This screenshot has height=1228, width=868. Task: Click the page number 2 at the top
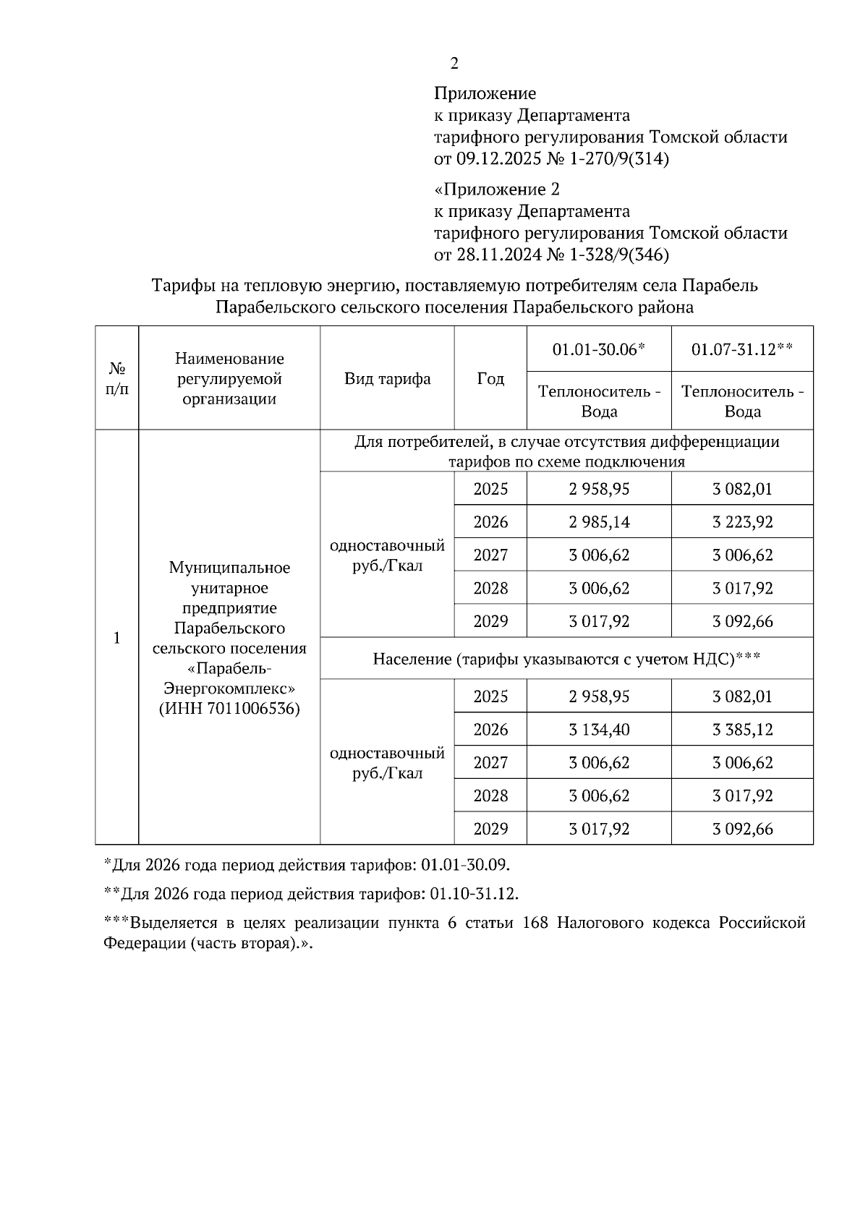(454, 64)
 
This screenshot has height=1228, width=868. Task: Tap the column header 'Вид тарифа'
(387, 379)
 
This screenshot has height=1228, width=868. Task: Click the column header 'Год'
(490, 379)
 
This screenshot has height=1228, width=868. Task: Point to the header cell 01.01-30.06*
(598, 350)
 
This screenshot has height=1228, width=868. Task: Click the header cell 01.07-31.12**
(742, 350)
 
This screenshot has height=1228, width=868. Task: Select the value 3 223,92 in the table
(742, 522)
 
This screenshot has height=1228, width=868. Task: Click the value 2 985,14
(599, 522)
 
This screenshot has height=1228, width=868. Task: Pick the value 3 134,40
(599, 730)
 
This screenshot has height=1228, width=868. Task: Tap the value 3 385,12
(742, 730)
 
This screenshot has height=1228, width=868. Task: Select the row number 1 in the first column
(116, 638)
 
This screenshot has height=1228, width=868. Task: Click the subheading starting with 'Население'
(566, 659)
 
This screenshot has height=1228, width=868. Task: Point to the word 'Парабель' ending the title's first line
(720, 286)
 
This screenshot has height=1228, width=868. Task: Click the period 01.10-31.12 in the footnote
(474, 894)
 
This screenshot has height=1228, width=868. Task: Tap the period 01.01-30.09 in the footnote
(465, 865)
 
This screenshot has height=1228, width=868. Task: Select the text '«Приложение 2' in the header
(496, 190)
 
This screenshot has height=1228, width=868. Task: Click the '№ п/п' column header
(116, 379)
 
